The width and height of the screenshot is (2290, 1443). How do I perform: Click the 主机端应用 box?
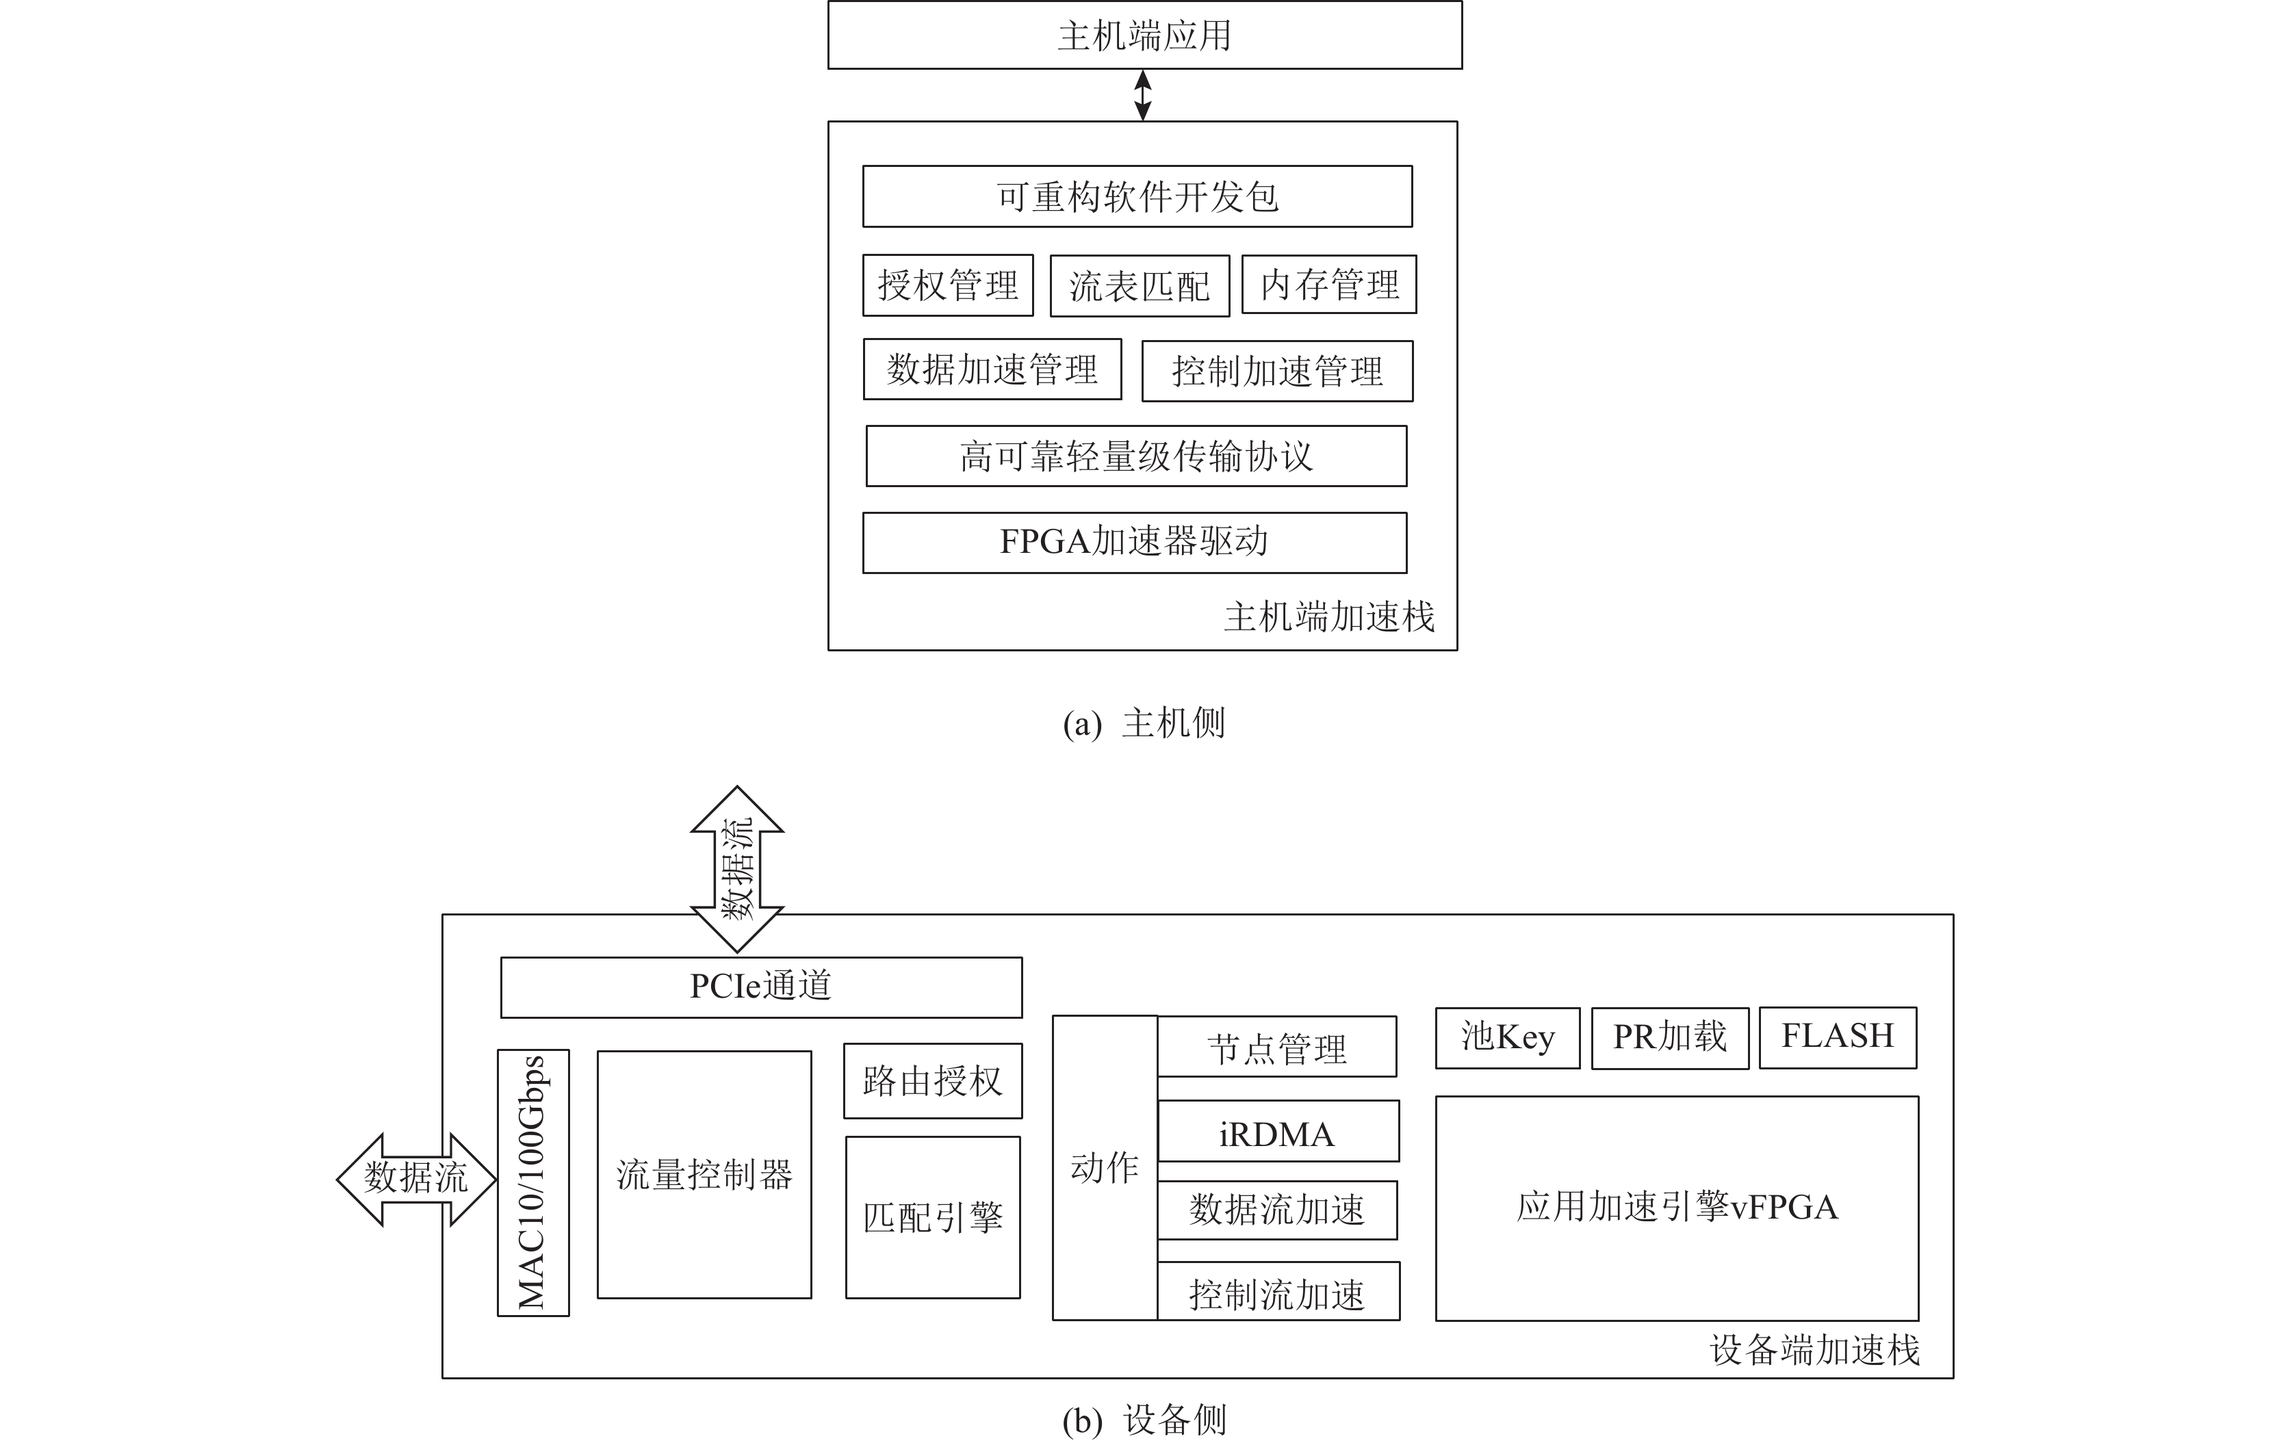click(x=1144, y=35)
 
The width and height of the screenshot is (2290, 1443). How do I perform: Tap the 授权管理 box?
click(x=947, y=285)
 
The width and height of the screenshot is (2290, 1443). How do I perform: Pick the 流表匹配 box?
click(x=1140, y=286)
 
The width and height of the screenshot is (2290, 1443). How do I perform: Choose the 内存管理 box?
click(x=1328, y=284)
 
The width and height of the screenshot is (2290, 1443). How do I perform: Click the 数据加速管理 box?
click(x=992, y=369)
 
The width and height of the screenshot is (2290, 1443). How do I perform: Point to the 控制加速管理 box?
click(x=1276, y=371)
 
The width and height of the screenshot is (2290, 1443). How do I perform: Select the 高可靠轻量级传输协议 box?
click(x=1135, y=456)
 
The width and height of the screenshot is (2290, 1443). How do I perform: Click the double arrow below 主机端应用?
click(x=1143, y=95)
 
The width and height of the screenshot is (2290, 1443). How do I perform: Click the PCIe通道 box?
click(x=761, y=987)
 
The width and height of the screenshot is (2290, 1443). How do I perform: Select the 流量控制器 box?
click(x=704, y=1175)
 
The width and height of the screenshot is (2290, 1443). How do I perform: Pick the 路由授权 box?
click(x=932, y=1081)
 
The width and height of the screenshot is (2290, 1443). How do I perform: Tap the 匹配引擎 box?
click(x=932, y=1218)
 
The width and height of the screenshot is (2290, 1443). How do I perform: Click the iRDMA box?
click(x=1277, y=1131)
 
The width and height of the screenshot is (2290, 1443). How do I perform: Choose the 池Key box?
click(x=1507, y=1038)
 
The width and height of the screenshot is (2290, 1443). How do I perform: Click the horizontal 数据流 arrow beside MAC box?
click(x=415, y=1179)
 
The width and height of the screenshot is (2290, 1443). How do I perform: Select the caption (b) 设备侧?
click(x=1144, y=1420)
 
